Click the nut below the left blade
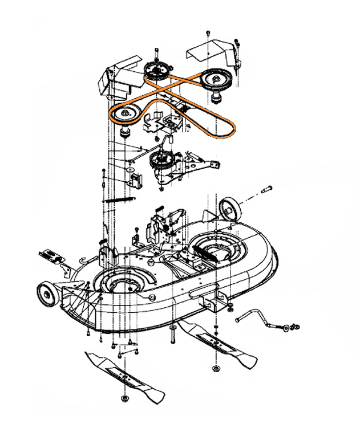pyautogui.click(x=125, y=397)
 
